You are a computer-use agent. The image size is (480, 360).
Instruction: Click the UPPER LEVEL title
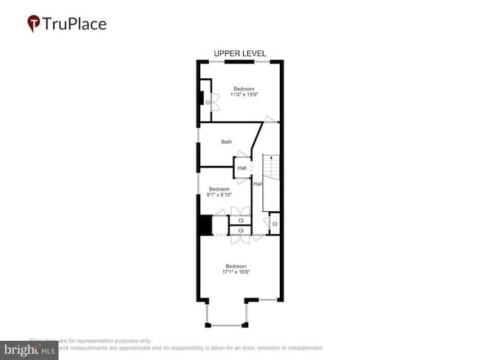239,53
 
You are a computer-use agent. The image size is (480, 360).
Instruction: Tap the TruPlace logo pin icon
34,24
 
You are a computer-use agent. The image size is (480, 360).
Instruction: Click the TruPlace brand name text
74,24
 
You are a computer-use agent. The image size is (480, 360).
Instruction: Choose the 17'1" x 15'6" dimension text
236,271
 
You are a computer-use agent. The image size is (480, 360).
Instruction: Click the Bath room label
227,142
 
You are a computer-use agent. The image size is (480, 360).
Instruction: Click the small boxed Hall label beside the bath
242,168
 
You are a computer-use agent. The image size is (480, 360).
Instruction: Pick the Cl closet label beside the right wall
274,224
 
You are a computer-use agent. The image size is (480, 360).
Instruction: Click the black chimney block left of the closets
204,224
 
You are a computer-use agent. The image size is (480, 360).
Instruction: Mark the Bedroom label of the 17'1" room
236,266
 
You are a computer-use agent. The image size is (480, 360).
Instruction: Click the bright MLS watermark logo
30,349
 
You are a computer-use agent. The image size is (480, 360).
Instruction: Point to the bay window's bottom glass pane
227,325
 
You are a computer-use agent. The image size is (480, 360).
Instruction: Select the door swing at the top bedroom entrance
272,120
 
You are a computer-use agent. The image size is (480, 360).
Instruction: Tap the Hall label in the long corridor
258,184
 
